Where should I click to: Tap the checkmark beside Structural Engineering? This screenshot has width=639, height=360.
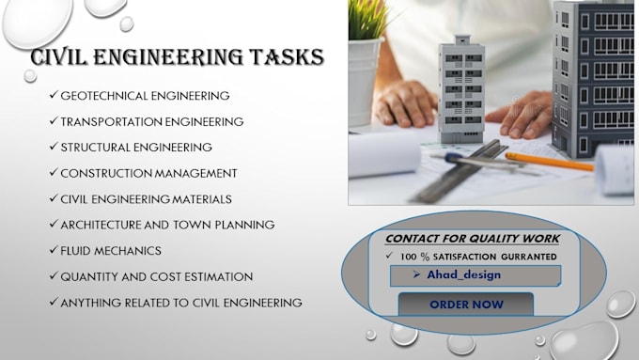pos(53,148)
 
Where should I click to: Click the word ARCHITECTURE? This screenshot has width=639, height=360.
pos(106,225)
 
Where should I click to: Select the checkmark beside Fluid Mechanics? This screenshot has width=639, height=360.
pos(53,251)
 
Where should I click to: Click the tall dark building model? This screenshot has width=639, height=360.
pos(591,75)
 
